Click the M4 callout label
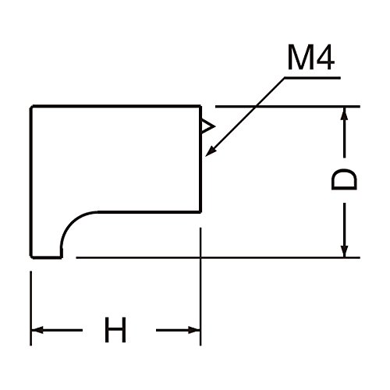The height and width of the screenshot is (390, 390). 311,58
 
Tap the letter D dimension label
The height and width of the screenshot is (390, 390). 344,179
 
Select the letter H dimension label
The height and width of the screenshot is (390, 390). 115,330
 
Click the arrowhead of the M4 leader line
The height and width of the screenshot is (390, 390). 211,151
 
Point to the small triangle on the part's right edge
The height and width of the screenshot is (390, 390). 207,127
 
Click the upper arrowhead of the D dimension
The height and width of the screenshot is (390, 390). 344,113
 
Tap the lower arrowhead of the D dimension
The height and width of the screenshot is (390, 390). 344,251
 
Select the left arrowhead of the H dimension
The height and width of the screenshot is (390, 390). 37,330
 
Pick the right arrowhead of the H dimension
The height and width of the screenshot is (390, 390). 194,330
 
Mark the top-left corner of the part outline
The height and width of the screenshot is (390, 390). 31,106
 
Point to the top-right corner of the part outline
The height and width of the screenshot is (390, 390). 200,106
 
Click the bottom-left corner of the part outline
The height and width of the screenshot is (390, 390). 31,257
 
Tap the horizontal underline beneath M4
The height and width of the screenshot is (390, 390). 312,77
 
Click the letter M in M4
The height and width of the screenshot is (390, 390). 300,58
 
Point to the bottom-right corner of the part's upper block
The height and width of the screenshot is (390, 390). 200,212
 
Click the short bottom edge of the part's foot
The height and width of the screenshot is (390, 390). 47,257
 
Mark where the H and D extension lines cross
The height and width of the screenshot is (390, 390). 200,257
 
